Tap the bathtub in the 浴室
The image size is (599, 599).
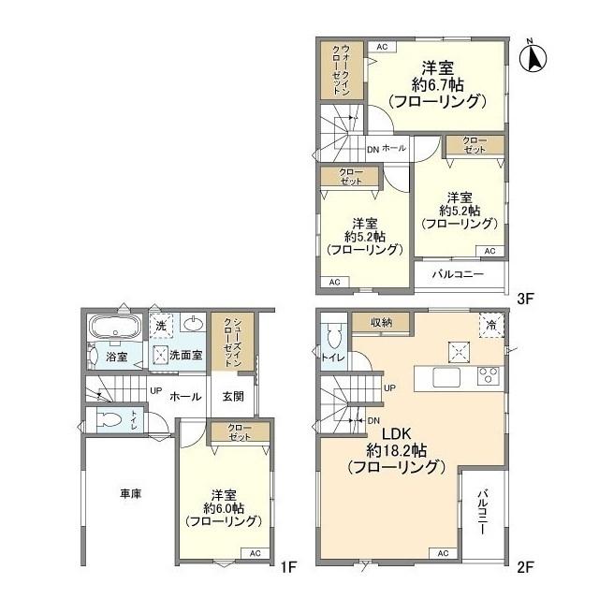114,328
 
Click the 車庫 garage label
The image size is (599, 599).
130,494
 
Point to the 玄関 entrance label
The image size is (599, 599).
232,396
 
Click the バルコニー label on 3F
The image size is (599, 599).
458,273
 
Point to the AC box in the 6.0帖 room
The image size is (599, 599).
256,553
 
